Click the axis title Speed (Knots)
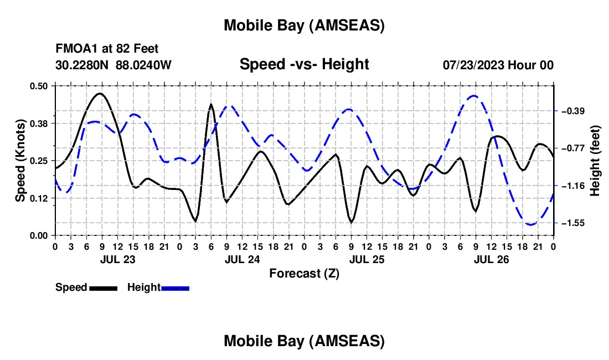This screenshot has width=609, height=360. pos(20,161)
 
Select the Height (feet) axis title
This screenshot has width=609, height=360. pos(595,161)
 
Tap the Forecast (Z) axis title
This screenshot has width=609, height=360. pos(304,273)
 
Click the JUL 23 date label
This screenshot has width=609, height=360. pos(117,259)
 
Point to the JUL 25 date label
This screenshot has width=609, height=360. pos(366,259)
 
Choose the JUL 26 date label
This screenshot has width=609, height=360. pos(491,259)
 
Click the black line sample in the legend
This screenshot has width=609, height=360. pos(103,288)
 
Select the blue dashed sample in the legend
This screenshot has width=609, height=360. pos(176,288)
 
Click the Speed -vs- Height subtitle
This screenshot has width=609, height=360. pos(304,64)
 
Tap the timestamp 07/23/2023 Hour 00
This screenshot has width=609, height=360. pos(498,65)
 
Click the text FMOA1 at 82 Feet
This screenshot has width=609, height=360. pos(107,49)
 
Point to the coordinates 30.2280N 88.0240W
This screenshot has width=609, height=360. pos(113,65)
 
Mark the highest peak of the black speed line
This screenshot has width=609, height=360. pos(99,94)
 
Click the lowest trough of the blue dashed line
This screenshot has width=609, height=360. pos(531,224)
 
